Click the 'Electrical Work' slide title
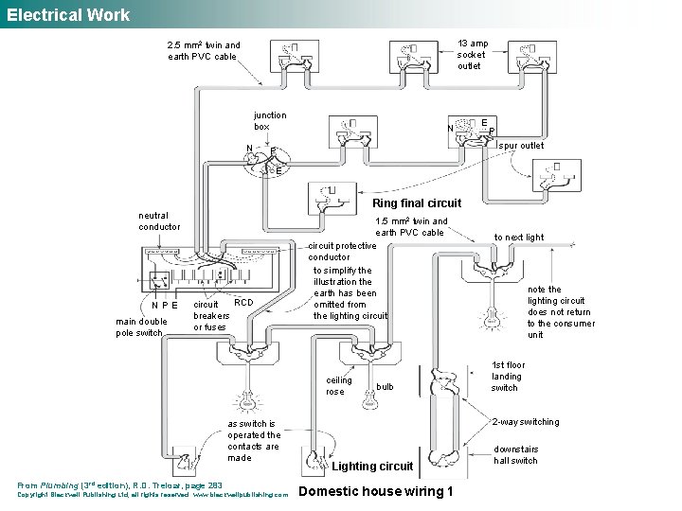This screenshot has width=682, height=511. (68, 15)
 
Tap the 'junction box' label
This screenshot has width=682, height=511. (270, 120)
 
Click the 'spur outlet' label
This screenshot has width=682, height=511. (521, 146)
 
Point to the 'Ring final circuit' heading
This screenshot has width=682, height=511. (417, 203)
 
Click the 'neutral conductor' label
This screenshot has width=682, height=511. (159, 220)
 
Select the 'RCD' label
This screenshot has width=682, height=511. (243, 303)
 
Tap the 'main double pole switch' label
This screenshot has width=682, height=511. (141, 327)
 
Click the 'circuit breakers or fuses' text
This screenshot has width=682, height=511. (211, 316)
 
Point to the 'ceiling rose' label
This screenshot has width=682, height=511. (338, 385)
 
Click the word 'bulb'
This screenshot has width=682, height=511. (385, 387)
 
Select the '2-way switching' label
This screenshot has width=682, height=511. (526, 422)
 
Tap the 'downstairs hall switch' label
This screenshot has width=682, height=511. (515, 455)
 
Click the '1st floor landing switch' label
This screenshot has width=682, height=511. (508, 376)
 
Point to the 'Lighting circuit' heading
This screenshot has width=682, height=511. (372, 466)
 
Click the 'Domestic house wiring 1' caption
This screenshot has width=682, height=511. (376, 491)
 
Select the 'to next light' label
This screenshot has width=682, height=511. (519, 237)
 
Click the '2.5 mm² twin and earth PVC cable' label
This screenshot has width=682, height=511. (203, 50)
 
